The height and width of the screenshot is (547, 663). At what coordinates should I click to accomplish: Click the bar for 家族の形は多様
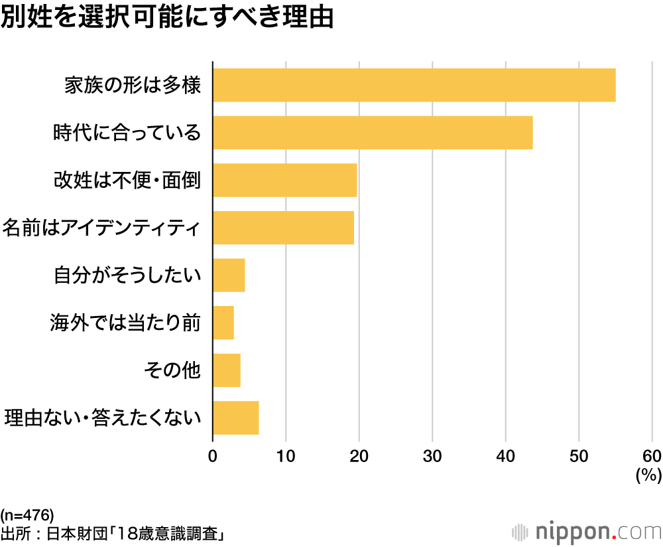[x=414, y=85]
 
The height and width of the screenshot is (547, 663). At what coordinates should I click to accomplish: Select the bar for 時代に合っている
[x=373, y=132]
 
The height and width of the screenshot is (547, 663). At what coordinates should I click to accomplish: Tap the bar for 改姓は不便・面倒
[x=285, y=180]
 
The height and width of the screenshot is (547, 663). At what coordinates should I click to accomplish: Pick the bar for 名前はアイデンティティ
[x=283, y=228]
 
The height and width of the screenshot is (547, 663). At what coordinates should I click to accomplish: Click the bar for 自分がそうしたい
[x=229, y=275]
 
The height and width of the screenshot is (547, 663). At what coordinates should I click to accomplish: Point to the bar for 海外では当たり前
[x=223, y=323]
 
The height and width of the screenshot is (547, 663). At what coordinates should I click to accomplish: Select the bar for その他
[x=227, y=370]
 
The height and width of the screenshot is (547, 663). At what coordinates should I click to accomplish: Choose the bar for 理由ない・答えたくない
[x=235, y=418]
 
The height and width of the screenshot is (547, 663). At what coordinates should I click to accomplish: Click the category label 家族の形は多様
[x=132, y=86]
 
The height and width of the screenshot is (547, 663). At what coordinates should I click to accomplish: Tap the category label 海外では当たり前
[x=125, y=323]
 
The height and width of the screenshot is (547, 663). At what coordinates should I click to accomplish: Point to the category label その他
[x=172, y=370]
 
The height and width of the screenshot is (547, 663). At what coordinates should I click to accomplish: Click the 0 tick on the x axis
[x=213, y=456]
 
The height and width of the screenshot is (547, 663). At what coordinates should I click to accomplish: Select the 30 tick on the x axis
[x=432, y=456]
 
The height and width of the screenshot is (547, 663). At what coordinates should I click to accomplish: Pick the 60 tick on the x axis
[x=652, y=456]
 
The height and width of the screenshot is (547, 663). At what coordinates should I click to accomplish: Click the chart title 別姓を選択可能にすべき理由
[x=166, y=19]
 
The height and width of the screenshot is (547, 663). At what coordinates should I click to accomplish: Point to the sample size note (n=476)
[x=27, y=515]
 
